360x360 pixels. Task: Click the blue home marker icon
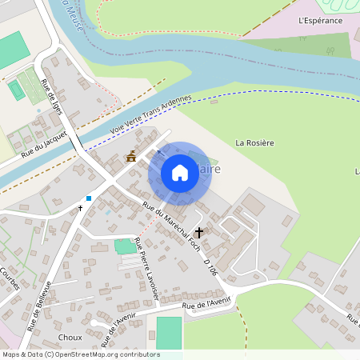(180, 173)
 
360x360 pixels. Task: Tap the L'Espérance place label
(319, 20)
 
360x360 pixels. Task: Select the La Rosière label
(255, 142)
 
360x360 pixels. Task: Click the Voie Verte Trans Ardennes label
(151, 114)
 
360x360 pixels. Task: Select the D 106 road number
(211, 267)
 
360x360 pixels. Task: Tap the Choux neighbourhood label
(70, 338)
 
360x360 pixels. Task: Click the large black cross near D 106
(198, 232)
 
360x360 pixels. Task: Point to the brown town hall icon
(131, 157)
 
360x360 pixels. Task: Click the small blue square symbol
(89, 198)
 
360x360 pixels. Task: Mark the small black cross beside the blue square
(80, 207)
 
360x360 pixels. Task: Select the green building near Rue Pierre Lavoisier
(125, 246)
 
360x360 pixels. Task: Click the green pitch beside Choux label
(169, 333)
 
